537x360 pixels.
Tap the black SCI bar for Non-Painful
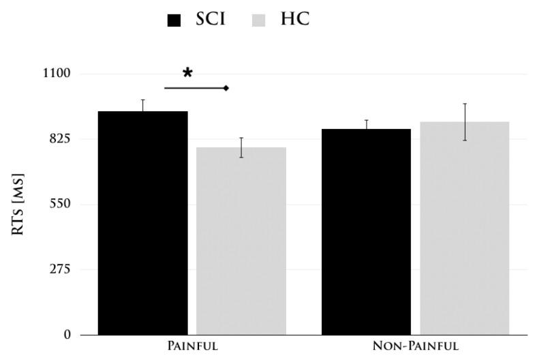click(366, 231)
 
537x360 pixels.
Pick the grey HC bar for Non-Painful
click(465, 228)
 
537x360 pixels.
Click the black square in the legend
click(174, 20)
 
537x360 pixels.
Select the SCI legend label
click(211, 20)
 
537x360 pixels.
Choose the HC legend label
click(294, 20)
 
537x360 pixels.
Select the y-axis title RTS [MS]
click(18, 205)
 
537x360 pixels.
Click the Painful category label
click(192, 346)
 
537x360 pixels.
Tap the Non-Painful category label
click(415, 346)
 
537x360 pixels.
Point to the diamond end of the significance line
click(226, 88)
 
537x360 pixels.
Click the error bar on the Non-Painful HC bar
click(465, 121)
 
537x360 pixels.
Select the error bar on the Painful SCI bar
click(142, 106)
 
